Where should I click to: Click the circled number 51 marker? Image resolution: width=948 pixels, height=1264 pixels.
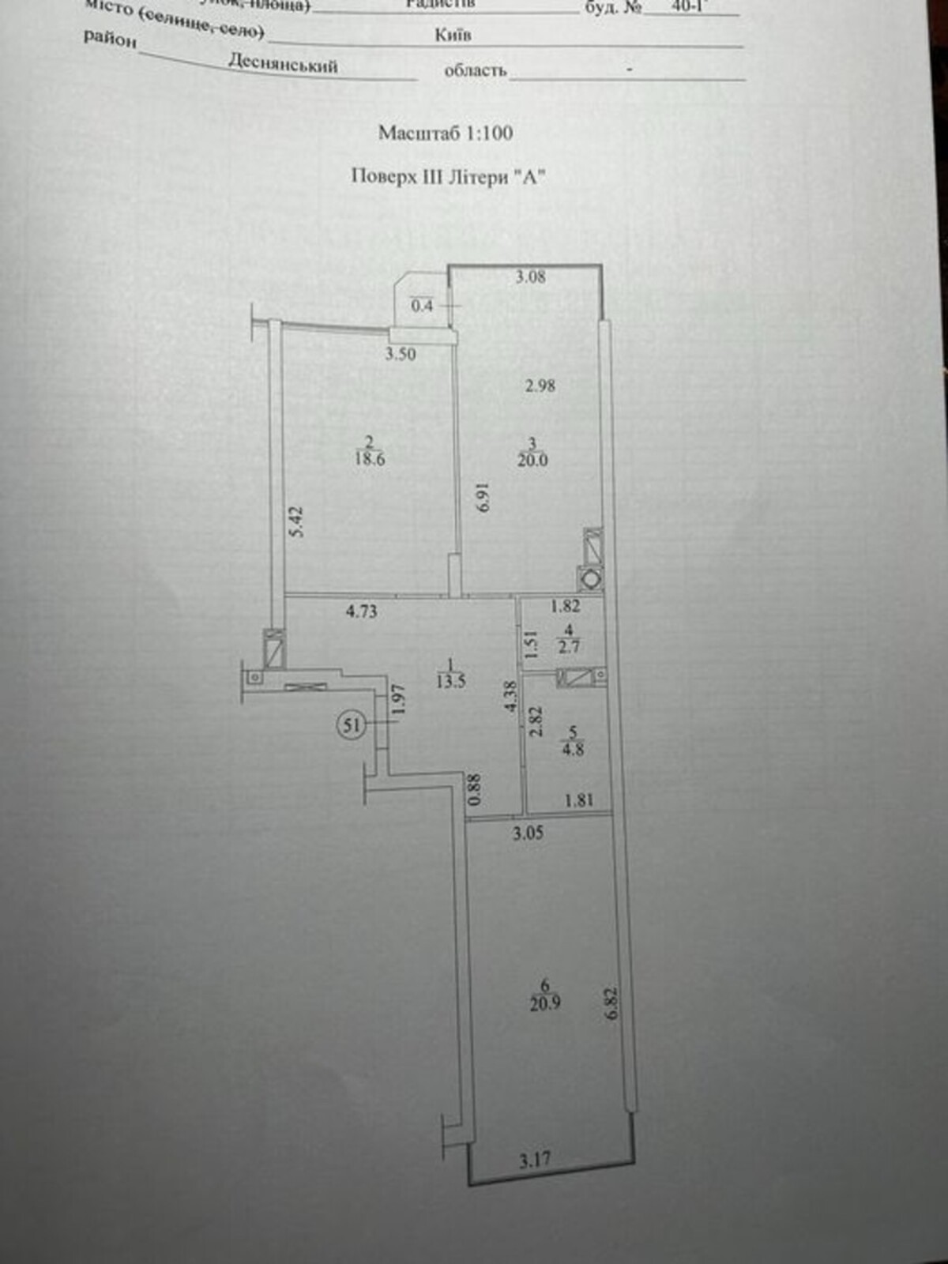pos(351,724)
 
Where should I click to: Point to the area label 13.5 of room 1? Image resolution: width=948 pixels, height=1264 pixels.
pos(450,681)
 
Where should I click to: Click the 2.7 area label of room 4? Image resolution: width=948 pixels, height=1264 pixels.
pos(569,646)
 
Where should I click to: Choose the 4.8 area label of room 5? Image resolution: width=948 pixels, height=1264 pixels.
pos(573,748)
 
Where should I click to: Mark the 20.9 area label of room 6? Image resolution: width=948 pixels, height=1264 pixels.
pos(545,1003)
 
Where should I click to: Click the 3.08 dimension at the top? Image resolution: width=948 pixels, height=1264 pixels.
pos(530,276)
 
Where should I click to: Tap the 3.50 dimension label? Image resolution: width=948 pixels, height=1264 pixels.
pos(401,354)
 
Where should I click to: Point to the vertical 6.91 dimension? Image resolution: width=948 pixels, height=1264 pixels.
pos(483,497)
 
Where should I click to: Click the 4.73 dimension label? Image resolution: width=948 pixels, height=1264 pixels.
pos(361,611)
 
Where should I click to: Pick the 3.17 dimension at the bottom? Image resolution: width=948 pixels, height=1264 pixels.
pos(535,1160)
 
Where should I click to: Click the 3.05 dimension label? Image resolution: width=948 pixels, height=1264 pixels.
pos(528,833)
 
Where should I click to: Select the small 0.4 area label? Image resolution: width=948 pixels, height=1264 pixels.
pos(422,305)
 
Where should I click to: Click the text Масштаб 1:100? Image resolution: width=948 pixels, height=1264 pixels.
pos(446,133)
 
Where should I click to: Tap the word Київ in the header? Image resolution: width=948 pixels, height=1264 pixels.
pos(453,36)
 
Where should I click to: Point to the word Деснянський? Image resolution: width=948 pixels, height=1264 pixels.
pos(283,63)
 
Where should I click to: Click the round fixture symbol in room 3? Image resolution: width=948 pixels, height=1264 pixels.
pos(590,579)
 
